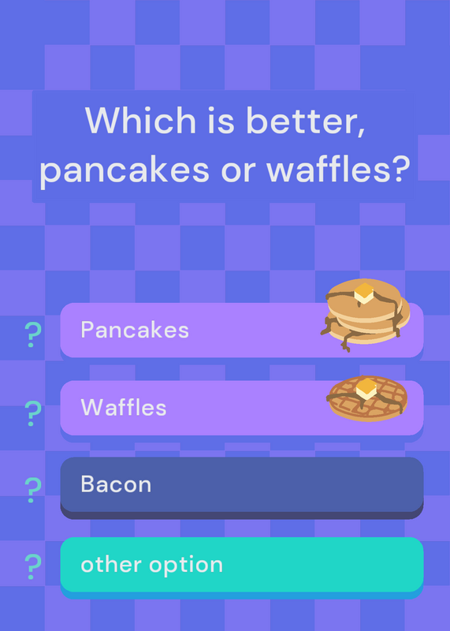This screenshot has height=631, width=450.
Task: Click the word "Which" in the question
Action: pyautogui.click(x=140, y=120)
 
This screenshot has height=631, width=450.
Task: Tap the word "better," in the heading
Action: pyautogui.click(x=306, y=121)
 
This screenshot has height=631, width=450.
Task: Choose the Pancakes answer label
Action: pyautogui.click(x=135, y=330)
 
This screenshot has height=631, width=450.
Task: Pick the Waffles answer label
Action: pyautogui.click(x=124, y=407)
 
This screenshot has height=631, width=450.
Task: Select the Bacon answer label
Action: pyautogui.click(x=116, y=484)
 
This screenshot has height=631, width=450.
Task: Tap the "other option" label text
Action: pyautogui.click(x=151, y=565)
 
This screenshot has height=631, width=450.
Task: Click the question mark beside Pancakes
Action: pyautogui.click(x=33, y=334)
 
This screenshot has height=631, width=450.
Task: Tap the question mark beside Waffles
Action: pyautogui.click(x=33, y=413)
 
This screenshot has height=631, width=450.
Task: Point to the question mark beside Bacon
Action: pyautogui.click(x=33, y=490)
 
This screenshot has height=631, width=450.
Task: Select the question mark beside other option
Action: pyautogui.click(x=33, y=566)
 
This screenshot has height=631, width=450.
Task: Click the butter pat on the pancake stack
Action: pyautogui.click(x=364, y=293)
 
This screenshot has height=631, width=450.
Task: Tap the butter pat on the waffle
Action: pyautogui.click(x=366, y=389)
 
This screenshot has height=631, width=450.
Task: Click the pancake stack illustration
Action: pyautogui.click(x=365, y=315)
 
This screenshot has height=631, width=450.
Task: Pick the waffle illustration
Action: pyautogui.click(x=367, y=398)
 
